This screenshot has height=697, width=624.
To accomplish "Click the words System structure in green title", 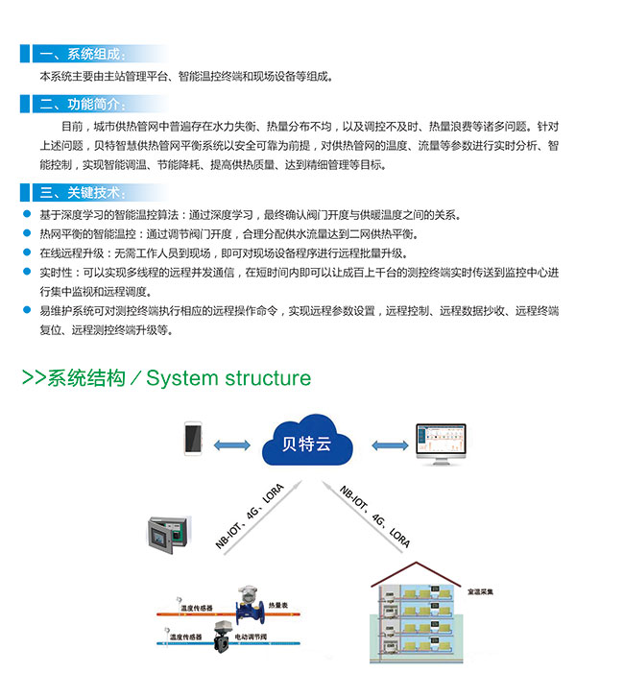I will pyautogui.click(x=228, y=377).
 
